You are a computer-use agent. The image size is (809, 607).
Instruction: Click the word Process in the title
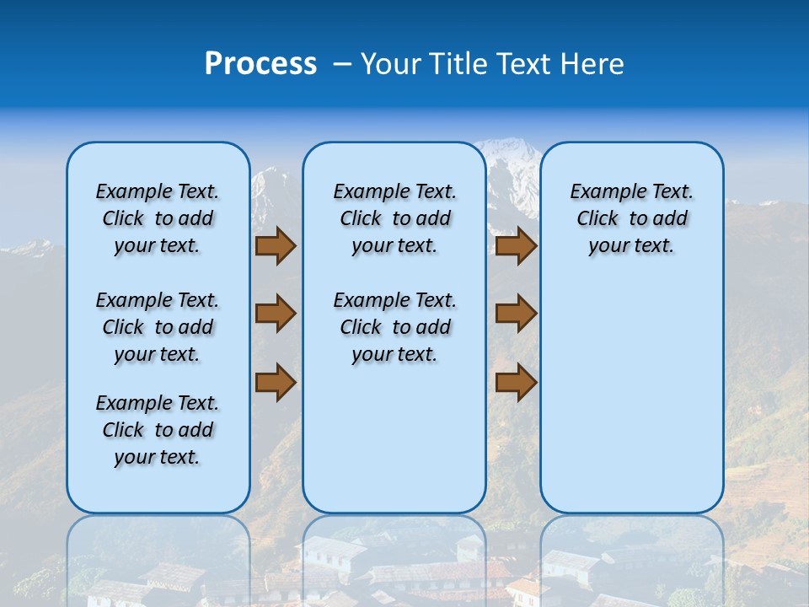(x=260, y=64)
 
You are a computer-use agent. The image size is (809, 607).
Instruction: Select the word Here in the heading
(x=593, y=64)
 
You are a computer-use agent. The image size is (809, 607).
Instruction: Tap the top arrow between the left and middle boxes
(x=276, y=245)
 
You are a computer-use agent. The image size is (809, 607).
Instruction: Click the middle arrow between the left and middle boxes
(x=276, y=314)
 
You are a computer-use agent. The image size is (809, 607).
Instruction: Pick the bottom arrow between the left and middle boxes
(x=276, y=382)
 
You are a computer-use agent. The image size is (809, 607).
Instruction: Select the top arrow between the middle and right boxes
(x=516, y=245)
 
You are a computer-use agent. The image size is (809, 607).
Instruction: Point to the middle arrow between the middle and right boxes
(x=516, y=314)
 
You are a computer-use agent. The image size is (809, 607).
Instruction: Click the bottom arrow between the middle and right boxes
(x=516, y=382)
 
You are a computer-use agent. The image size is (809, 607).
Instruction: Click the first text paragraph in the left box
(x=158, y=218)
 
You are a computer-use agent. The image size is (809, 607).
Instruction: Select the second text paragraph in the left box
(x=158, y=327)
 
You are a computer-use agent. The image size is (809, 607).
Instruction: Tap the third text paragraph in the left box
(x=158, y=430)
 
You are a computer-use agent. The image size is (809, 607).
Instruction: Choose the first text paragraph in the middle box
(x=394, y=218)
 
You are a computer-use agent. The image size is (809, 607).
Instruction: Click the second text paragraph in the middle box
(x=394, y=327)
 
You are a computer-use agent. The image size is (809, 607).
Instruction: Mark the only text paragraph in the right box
(x=631, y=218)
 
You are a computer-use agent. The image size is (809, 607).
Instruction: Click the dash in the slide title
(x=342, y=64)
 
